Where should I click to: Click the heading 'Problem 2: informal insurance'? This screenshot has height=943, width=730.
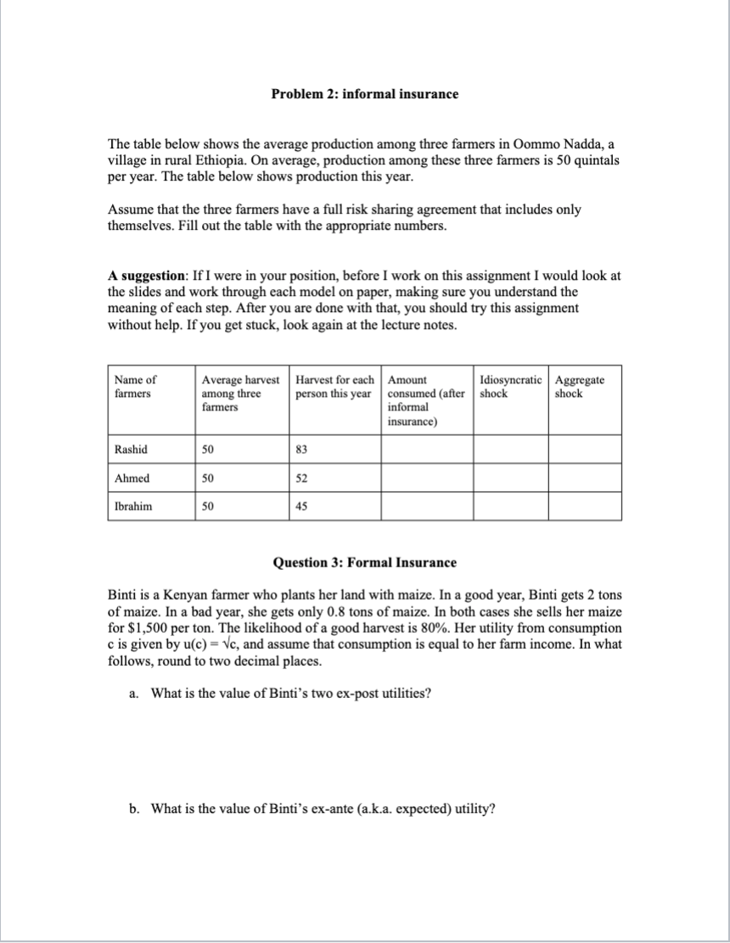(x=364, y=94)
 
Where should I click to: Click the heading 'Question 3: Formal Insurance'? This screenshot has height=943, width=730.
(x=364, y=562)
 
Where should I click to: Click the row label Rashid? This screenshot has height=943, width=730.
(x=130, y=449)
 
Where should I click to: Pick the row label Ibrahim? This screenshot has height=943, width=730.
(x=133, y=506)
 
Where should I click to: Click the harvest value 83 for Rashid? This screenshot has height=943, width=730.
(x=301, y=449)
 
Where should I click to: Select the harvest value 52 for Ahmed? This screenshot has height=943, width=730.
(x=301, y=478)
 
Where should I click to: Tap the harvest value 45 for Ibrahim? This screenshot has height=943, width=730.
(x=301, y=506)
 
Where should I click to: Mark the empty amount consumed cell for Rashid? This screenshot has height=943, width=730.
(x=426, y=449)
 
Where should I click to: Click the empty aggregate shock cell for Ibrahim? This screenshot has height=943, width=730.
(x=584, y=506)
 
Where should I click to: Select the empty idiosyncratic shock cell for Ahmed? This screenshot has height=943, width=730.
(x=510, y=478)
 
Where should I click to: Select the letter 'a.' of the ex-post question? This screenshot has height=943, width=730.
(x=134, y=694)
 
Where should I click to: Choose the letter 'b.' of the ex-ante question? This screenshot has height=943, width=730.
(x=134, y=808)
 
